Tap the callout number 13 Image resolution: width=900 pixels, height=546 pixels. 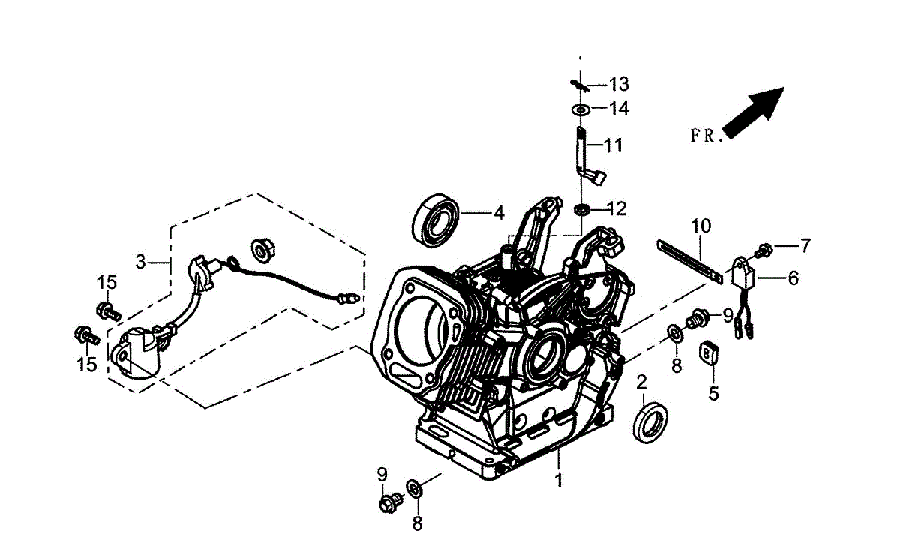[x=619, y=83]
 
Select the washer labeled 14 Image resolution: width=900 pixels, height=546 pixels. [x=580, y=110]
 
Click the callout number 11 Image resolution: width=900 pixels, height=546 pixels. [x=613, y=145]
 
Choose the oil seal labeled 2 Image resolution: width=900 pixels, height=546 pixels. [x=649, y=422]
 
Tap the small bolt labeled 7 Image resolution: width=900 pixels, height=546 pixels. [x=766, y=247]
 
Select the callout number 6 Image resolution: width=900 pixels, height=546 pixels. [x=793, y=278]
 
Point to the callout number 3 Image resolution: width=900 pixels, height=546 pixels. [x=140, y=262]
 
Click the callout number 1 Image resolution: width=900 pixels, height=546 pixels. [x=558, y=479]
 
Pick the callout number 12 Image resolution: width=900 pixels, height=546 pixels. [x=616, y=208]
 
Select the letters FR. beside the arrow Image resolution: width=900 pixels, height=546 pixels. [x=705, y=136]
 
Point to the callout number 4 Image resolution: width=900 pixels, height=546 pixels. [x=499, y=213]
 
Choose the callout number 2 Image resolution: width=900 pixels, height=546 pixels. [x=641, y=382]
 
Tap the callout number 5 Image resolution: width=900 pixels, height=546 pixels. [x=713, y=392]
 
